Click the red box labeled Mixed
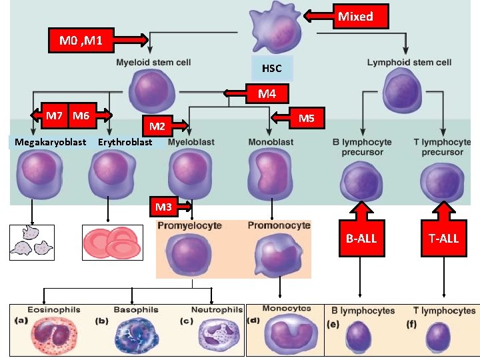tap(355, 16)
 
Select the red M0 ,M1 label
tap(81, 41)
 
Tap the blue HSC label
tap(271, 68)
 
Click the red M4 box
tap(267, 93)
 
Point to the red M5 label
tap(306, 119)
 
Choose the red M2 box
tap(157, 125)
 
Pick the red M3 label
tap(163, 207)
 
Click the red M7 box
tap(54, 116)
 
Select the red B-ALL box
tap(361, 237)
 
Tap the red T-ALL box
tap(443, 237)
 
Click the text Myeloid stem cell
tap(153, 63)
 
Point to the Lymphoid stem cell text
tap(409, 63)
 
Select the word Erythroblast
tap(125, 142)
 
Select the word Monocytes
tap(286, 308)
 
